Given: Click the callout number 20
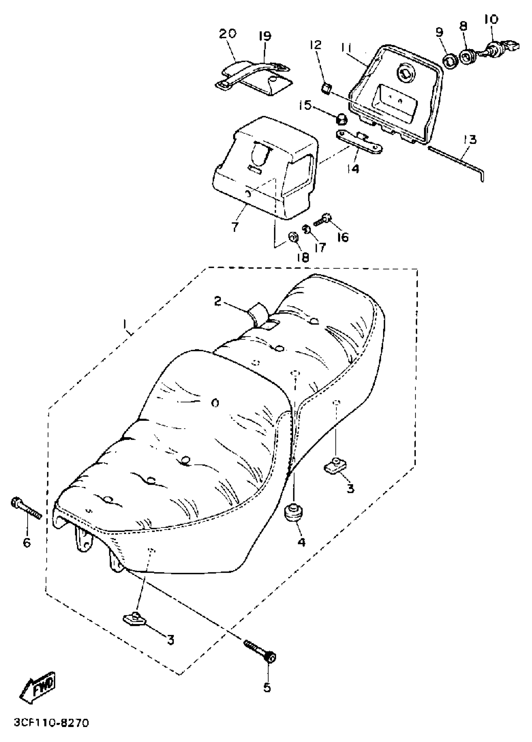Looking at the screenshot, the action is (x=228, y=34).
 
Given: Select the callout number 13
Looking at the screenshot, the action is (x=469, y=140).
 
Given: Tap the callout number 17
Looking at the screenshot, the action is (x=320, y=247).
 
